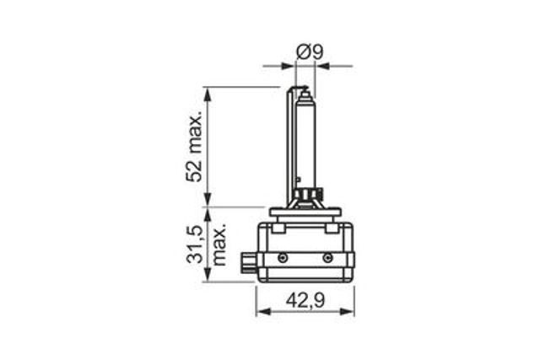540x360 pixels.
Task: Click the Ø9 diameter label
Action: [x=310, y=52]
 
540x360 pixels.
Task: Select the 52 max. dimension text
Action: [x=194, y=148]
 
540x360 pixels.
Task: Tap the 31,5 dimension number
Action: [x=194, y=244]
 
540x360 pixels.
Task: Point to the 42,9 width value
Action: [x=305, y=301]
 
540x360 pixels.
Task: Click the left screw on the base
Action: [x=283, y=257]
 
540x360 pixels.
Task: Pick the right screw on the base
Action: [x=327, y=257]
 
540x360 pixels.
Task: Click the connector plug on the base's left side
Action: [x=248, y=262]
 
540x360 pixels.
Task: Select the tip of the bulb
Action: [x=305, y=89]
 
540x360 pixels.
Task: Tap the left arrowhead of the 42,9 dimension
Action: [x=262, y=311]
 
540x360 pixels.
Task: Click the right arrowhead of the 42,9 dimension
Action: [x=348, y=311]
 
